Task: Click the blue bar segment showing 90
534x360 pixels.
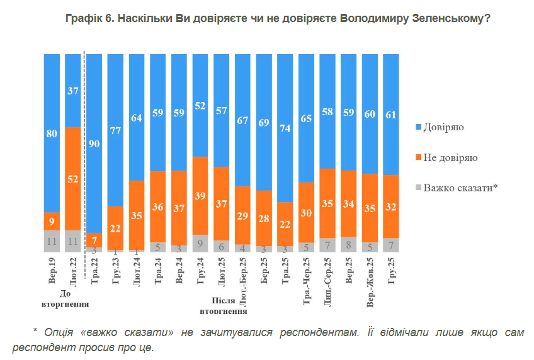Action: point(94,143)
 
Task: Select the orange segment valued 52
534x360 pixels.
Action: point(73,179)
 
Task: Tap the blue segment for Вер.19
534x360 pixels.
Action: point(52,133)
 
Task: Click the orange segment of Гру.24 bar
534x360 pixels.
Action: point(200,196)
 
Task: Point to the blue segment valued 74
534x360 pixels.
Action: point(285,128)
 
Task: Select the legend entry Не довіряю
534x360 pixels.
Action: point(444,157)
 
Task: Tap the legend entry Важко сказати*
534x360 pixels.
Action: point(455,187)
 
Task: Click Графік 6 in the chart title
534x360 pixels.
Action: point(88,19)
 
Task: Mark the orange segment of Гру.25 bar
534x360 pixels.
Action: point(391,206)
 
